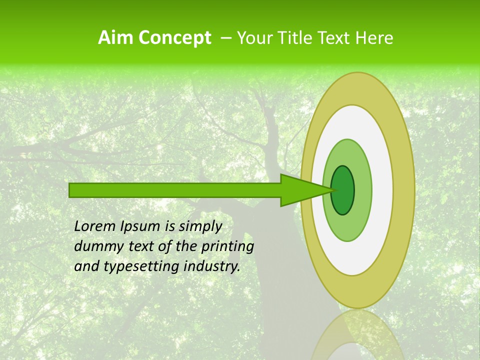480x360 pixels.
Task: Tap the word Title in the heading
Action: pyautogui.click(x=297, y=38)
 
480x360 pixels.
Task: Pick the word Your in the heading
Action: pyautogui.click(x=254, y=38)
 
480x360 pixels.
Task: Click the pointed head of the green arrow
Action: pyautogui.click(x=300, y=190)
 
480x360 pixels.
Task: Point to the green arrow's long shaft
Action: pyautogui.click(x=175, y=190)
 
